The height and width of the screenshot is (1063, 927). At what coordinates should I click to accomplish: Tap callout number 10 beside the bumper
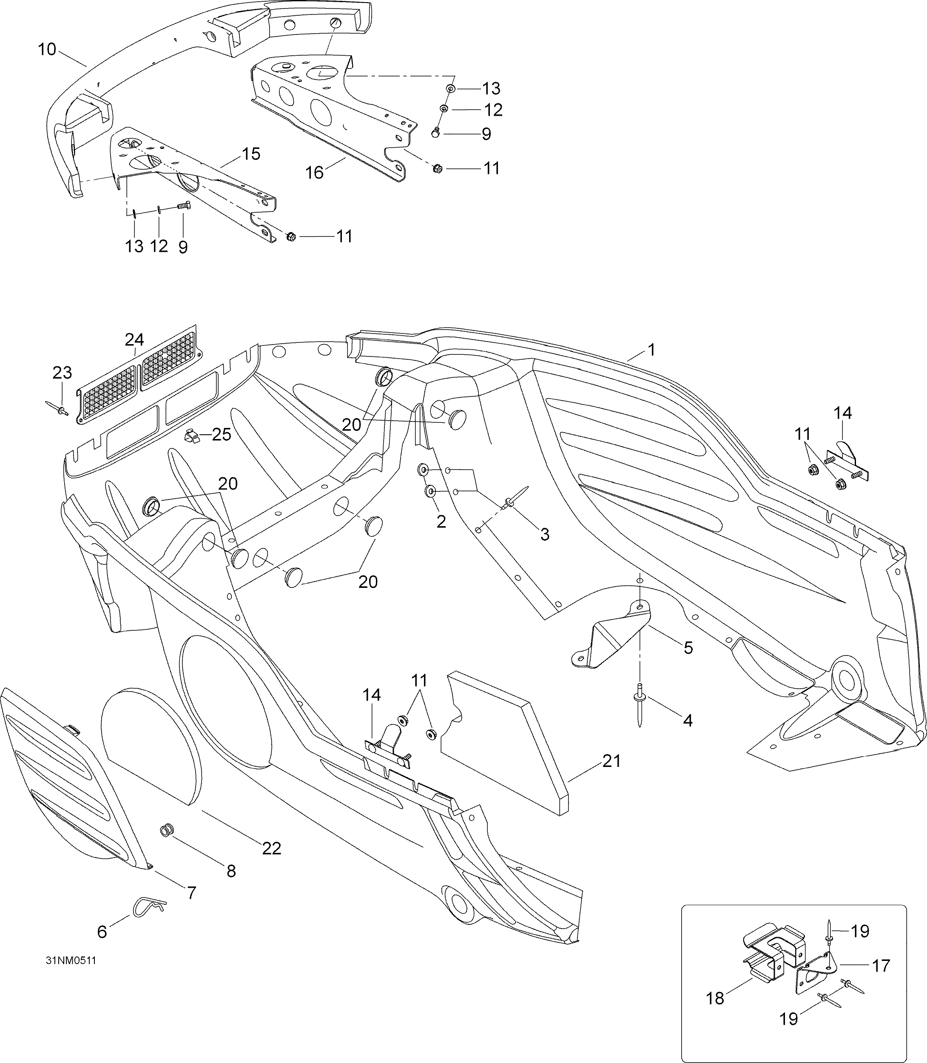pos(47,50)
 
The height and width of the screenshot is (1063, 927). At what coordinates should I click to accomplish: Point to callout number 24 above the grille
pos(134,339)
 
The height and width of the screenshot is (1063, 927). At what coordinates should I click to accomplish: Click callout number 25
pos(222,435)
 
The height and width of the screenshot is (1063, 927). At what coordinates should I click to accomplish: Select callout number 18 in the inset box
pos(715,998)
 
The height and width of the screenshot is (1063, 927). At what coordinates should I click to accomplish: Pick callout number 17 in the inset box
pos(881,966)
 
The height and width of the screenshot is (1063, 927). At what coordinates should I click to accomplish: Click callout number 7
pos(191,893)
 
